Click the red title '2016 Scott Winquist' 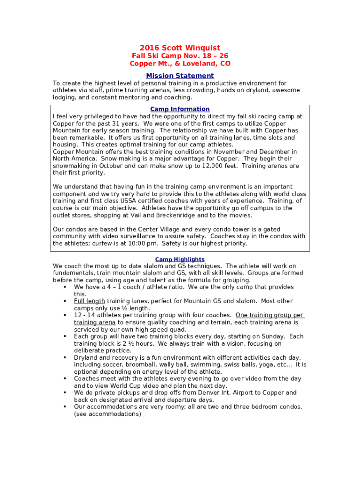[x=180, y=48]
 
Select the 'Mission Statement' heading [x=180, y=76]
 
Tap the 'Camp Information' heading [x=180, y=109]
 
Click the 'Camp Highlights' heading [x=180, y=259]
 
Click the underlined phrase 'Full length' [x=89, y=301]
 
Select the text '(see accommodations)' [x=108, y=414]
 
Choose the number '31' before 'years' [x=105, y=123]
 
